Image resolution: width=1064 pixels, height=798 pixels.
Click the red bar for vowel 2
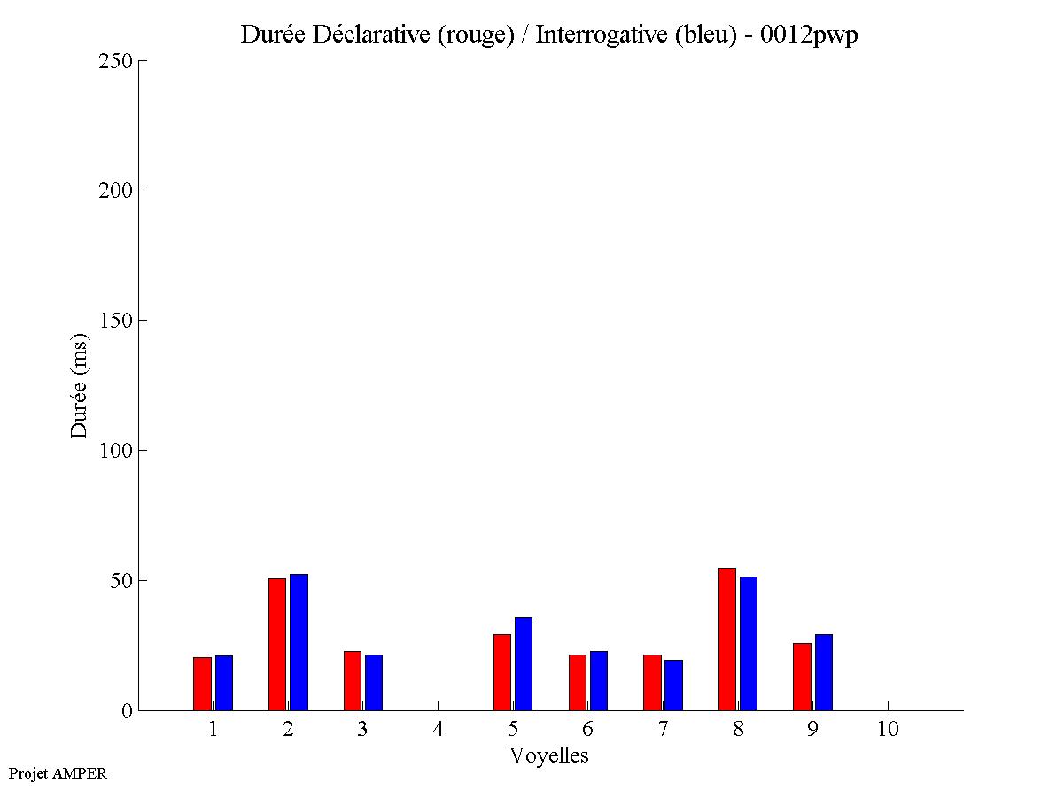[276, 644]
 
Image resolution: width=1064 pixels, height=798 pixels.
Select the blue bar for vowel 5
[523, 663]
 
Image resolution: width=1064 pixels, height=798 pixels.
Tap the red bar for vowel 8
[726, 639]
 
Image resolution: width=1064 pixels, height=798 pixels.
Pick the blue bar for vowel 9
[823, 672]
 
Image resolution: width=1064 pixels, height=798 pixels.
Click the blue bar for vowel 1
[223, 683]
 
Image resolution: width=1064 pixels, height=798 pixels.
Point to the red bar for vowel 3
[352, 680]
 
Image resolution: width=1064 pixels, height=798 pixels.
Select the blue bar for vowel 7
[673, 685]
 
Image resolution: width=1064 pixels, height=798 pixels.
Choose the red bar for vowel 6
[577, 682]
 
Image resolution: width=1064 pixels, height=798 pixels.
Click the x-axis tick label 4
[438, 729]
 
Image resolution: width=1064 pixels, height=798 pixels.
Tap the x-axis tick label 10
[888, 729]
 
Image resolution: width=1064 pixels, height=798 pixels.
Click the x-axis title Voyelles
[548, 755]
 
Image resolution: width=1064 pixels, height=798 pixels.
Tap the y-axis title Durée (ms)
[80, 385]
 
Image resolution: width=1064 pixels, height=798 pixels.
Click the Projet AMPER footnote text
[58, 773]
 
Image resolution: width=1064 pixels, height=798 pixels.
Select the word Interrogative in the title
[592, 35]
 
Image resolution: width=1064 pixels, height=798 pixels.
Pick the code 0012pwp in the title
[809, 35]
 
